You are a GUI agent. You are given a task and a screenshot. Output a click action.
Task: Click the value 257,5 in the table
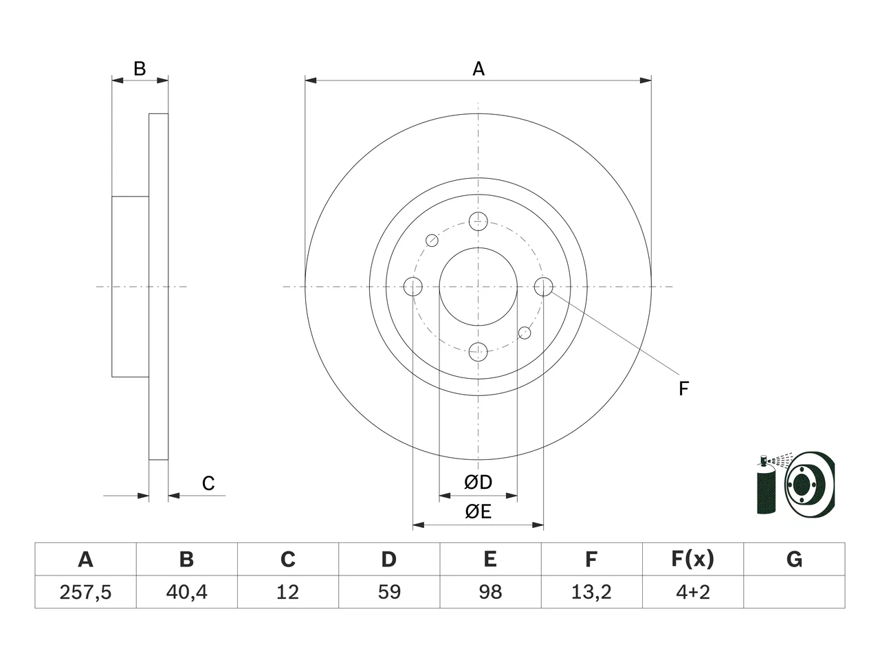[x=85, y=592]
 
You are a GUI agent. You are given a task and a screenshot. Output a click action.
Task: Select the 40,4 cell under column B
[x=187, y=592]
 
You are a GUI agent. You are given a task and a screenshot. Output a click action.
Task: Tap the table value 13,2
[x=591, y=592]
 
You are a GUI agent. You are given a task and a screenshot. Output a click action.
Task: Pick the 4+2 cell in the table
[x=693, y=592]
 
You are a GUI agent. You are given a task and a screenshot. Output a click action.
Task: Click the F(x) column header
[x=693, y=559]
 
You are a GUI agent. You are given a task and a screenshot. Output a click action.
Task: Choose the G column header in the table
[x=794, y=559]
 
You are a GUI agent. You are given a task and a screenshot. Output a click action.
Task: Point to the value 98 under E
[x=490, y=592]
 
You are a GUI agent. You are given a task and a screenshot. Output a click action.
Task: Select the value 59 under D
[x=389, y=592]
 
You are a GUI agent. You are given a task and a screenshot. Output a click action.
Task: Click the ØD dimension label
[x=478, y=483]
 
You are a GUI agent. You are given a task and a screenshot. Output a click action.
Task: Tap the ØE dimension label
[x=478, y=511]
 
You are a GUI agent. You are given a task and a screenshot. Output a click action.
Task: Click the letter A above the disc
[x=478, y=69]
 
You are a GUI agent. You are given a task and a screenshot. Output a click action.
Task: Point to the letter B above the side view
[x=140, y=69]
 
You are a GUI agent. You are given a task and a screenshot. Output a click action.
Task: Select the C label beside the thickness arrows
[x=208, y=483]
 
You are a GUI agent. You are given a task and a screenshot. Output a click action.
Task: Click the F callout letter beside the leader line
[x=683, y=388]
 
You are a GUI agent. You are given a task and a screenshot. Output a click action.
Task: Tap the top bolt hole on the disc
[x=478, y=221]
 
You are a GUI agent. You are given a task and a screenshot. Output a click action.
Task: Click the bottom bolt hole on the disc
[x=478, y=352]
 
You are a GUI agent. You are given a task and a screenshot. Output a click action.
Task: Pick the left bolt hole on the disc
[x=412, y=287]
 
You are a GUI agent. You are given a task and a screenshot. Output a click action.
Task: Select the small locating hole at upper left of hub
[x=432, y=241]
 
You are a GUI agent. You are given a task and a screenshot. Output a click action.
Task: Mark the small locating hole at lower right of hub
[x=525, y=333]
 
